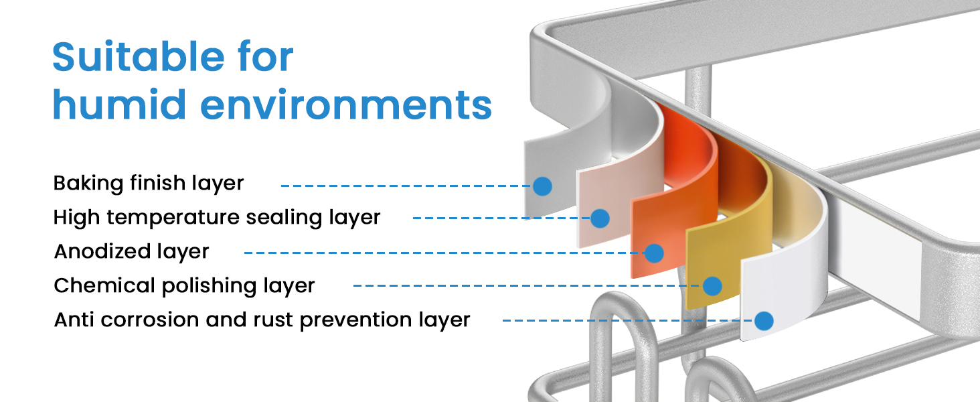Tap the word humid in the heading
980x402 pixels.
coord(111,105)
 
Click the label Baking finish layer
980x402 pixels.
coord(149,183)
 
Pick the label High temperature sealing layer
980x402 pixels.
coord(217,217)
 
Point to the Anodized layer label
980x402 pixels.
coord(131,252)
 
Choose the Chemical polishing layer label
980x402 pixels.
coord(184,286)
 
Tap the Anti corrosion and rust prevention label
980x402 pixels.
coord(262,320)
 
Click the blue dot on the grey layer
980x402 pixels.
coord(542,186)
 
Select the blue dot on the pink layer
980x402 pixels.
coord(600,218)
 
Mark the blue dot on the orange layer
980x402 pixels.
coord(653,253)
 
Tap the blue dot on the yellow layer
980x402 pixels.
coord(712,286)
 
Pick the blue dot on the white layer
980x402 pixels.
coord(763,321)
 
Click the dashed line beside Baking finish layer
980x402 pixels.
coord(402,186)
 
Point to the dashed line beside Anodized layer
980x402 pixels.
coord(442,253)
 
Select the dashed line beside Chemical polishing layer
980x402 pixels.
coord(522,286)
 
